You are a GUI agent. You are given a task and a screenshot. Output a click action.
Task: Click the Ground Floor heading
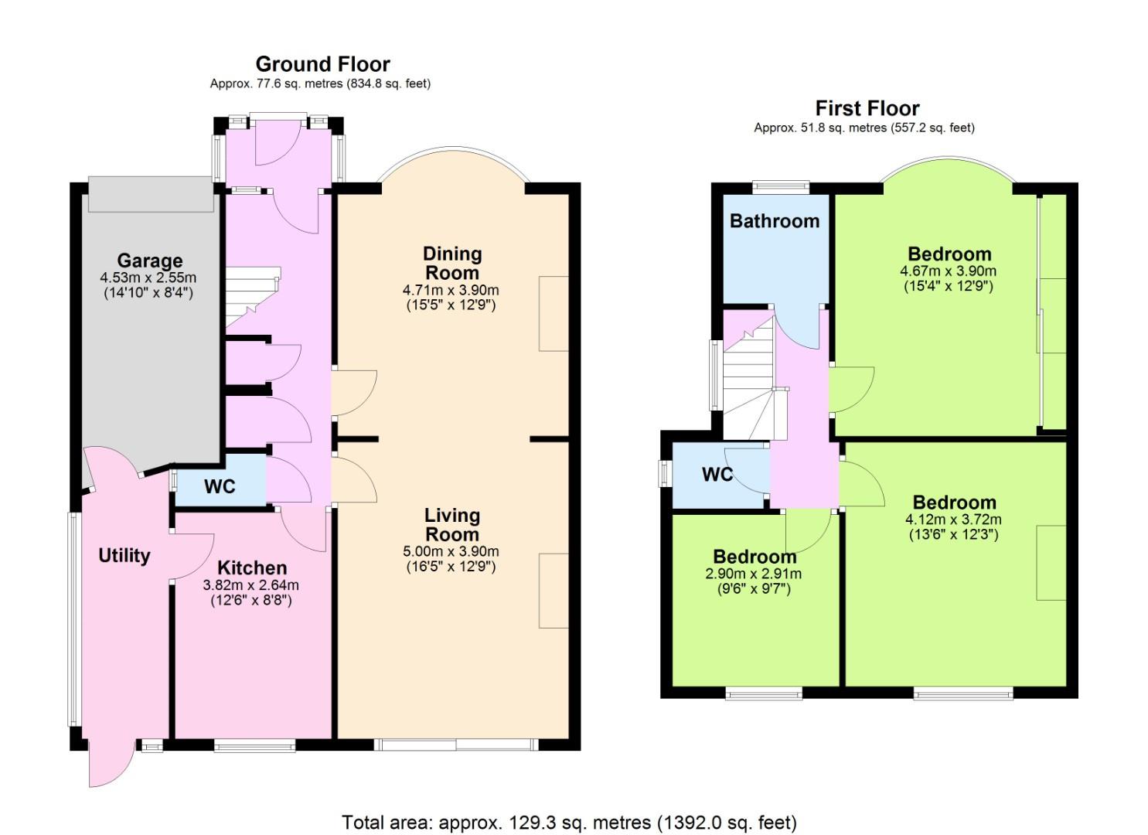(323, 65)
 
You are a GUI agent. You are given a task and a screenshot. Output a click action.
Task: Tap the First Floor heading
(867, 109)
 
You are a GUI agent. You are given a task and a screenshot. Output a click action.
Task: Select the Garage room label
(150, 261)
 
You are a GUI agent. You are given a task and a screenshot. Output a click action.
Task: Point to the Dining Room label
(452, 264)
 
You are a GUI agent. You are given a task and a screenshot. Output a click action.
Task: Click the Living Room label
(452, 525)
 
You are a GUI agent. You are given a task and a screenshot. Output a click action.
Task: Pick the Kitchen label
(252, 568)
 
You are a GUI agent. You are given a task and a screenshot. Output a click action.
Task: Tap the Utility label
(124, 556)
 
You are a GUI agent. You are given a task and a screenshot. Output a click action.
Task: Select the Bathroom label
(775, 221)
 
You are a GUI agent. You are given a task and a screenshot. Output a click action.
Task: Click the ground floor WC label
(220, 486)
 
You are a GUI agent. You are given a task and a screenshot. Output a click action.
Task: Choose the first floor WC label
(717, 475)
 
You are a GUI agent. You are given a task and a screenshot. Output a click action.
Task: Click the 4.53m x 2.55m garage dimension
(148, 278)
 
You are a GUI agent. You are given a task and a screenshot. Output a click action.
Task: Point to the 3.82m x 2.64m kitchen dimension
(251, 584)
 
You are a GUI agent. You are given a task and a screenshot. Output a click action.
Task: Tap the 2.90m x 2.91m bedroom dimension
(754, 574)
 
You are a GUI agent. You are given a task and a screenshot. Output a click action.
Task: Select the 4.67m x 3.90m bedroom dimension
(948, 271)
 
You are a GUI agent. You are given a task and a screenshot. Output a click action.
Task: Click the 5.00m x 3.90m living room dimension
(451, 551)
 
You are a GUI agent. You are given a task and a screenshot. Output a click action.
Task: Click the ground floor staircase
(253, 296)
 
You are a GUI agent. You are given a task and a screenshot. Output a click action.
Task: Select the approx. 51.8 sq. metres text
(864, 128)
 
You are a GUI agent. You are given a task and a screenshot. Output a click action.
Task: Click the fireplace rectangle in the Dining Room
(554, 314)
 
